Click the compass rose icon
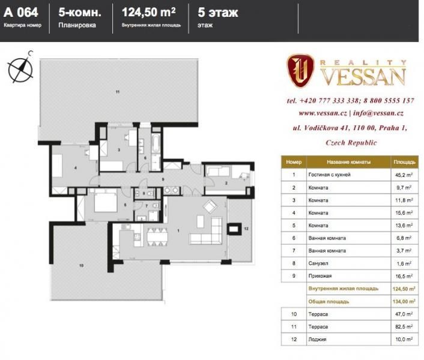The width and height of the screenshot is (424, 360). [x=20, y=67]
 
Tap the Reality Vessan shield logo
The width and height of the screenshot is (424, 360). [x=300, y=71]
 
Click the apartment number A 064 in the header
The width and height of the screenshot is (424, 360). [x=21, y=13]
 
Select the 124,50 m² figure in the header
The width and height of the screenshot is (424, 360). [x=149, y=12]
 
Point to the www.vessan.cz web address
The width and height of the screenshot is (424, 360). [x=323, y=113]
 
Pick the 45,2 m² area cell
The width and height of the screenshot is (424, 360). [x=404, y=175]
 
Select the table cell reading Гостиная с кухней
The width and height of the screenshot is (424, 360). [x=329, y=175]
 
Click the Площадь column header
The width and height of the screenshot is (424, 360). [x=404, y=162]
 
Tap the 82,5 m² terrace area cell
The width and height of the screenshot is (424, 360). [x=404, y=327]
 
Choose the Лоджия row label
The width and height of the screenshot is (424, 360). [x=317, y=340]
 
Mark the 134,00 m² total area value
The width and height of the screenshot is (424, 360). [x=404, y=301]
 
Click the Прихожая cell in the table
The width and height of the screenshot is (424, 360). [x=320, y=276]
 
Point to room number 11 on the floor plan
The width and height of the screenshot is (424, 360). [x=118, y=92]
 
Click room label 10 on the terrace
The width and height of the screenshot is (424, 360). [x=81, y=265]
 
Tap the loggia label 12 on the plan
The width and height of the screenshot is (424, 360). [x=246, y=229]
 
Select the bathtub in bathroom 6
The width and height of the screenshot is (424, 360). [x=156, y=143]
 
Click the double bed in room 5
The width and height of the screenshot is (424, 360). [x=106, y=202]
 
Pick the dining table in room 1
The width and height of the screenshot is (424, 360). [x=157, y=238]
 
